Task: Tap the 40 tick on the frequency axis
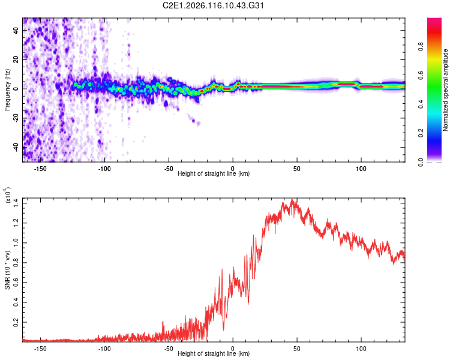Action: click(16, 30)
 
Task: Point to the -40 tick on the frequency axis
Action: click(15, 146)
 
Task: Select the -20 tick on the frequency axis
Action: click(15, 118)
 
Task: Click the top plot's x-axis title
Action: click(214, 174)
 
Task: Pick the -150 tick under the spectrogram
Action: click(41, 168)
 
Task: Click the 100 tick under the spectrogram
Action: click(361, 168)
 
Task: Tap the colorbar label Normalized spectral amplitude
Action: click(446, 90)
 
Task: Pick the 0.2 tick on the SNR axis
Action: click(16, 322)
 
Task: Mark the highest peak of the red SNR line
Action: click(292, 200)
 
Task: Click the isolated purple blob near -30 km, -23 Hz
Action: click(198, 123)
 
